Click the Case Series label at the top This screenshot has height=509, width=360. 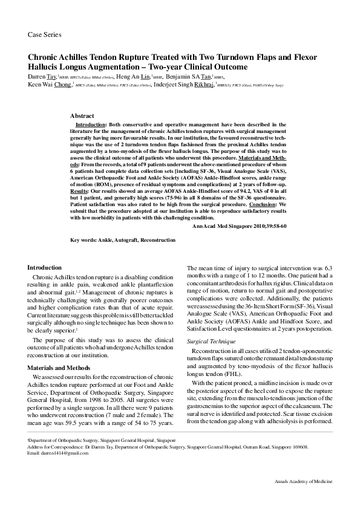coord(45,35)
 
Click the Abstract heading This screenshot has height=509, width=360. coord(82,115)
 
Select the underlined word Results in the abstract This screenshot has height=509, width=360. coord(79,191)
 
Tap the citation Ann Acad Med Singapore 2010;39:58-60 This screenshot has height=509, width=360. coord(239,225)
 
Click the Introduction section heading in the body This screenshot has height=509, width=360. coord(45,267)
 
